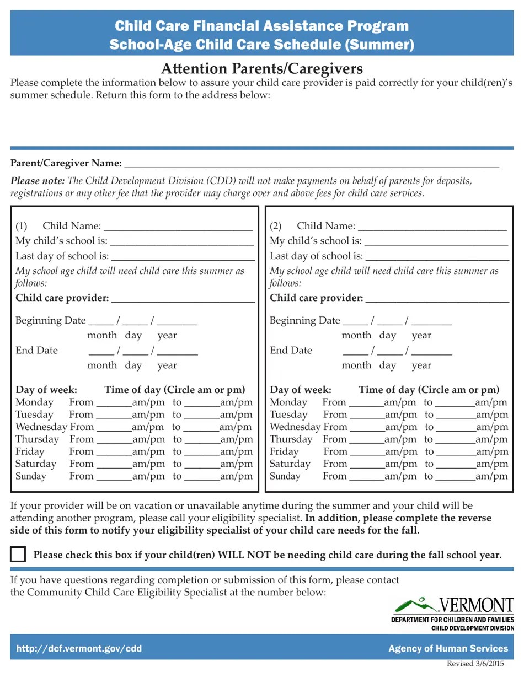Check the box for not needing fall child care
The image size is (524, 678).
pyautogui.click(x=18, y=554)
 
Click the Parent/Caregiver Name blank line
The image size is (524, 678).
pyautogui.click(x=312, y=164)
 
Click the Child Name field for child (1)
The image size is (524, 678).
pyautogui.click(x=178, y=227)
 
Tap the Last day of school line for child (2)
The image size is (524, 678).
pyautogui.click(x=437, y=256)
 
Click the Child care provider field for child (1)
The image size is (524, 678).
pyautogui.click(x=183, y=299)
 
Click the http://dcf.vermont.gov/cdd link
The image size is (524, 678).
pyautogui.click(x=79, y=649)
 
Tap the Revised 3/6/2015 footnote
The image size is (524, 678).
pyautogui.click(x=475, y=664)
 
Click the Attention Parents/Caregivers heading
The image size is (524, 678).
pyautogui.click(x=261, y=69)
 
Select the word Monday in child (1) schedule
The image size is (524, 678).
pyautogui.click(x=34, y=402)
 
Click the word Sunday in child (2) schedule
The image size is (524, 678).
pyautogui.click(x=285, y=476)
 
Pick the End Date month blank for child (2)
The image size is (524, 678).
pyautogui.click(x=355, y=351)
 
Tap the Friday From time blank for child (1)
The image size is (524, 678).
pyautogui.click(x=114, y=452)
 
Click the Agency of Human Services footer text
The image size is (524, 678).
pyautogui.click(x=448, y=649)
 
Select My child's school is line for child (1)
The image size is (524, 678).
pyautogui.click(x=181, y=241)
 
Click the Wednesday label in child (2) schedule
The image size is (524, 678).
pyautogui.click(x=295, y=427)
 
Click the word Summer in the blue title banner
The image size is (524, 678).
pyautogui.click(x=378, y=44)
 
